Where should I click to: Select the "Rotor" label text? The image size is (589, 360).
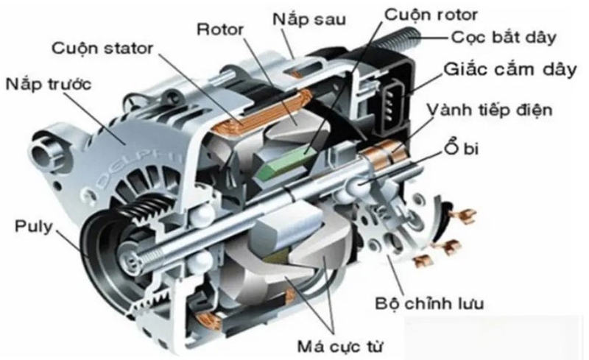[x=222, y=29]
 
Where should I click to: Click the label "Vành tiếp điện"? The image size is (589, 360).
[x=501, y=110]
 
